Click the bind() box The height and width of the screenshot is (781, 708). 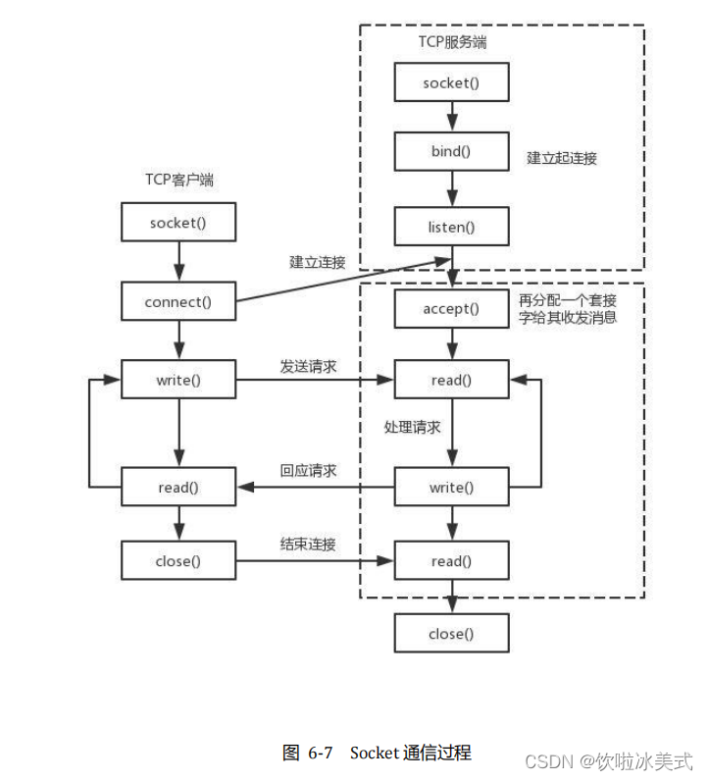coord(451,153)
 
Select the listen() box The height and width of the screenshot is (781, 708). coord(451,227)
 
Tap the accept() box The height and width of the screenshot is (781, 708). coord(451,308)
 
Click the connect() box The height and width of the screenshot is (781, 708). coord(177,301)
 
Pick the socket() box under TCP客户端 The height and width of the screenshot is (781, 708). coord(177,223)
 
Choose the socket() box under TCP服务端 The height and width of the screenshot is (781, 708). coord(451,82)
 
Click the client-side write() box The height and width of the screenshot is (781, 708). coord(177,380)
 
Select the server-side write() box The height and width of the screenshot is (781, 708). coord(451,487)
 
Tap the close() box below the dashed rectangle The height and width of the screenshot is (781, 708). coord(451,634)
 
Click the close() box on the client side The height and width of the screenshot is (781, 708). coord(177,561)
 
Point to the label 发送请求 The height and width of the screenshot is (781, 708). coord(308,366)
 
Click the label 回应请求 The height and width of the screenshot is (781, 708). coord(308,471)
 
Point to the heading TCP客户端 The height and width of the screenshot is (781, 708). coord(177,179)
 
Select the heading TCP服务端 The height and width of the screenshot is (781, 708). coord(452,43)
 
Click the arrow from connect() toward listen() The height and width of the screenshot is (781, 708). coord(333,280)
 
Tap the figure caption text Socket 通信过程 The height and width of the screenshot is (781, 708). coord(410,754)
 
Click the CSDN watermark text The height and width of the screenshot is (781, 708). coord(608,761)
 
